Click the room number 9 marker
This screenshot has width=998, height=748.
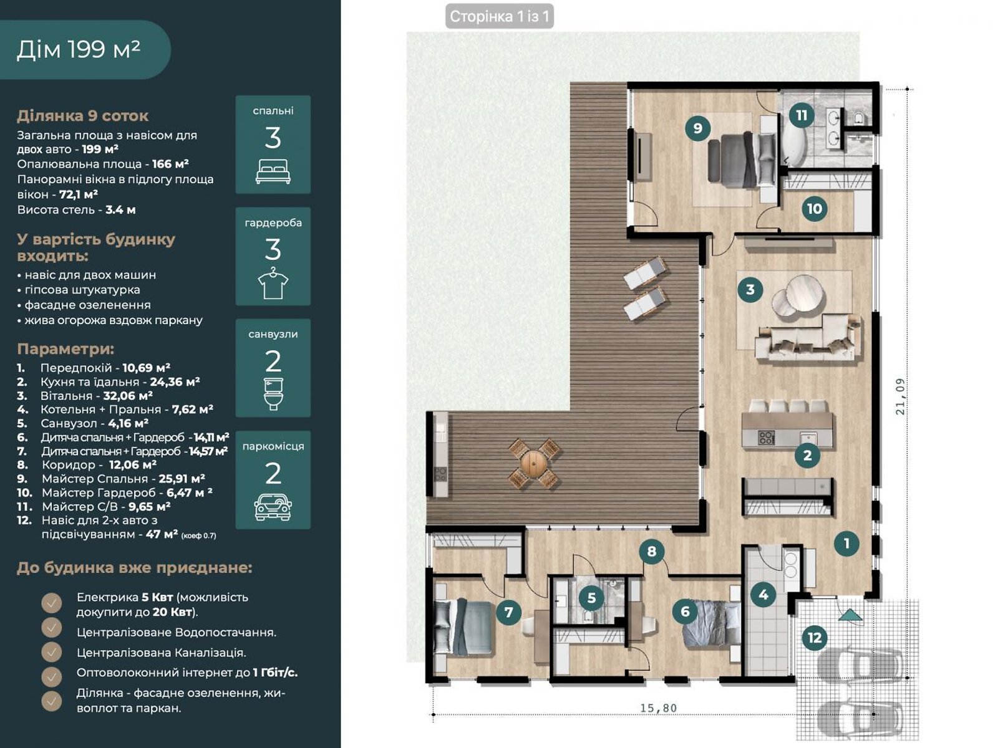tap(697, 128)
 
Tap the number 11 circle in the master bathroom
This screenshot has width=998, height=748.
tap(801, 115)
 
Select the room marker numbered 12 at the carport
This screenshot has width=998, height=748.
tap(815, 638)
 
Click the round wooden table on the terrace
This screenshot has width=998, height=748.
tap(534, 463)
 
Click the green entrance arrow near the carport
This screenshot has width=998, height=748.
tap(850, 615)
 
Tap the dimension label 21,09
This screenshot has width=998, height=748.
tap(900, 396)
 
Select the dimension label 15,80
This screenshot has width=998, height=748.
tap(658, 707)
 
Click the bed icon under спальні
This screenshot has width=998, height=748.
tap(273, 171)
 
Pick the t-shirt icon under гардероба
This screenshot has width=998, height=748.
tap(273, 283)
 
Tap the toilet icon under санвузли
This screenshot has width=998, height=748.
tap(273, 394)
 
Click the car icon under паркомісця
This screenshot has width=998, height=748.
tap(273, 507)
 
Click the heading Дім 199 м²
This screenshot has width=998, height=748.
tap(78, 49)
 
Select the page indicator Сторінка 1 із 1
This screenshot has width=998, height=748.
tap(499, 17)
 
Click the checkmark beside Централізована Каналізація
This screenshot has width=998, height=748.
tap(52, 652)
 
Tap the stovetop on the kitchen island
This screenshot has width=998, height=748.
tap(765, 438)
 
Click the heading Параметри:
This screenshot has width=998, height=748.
tap(65, 349)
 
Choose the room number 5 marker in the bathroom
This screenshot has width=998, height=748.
tap(591, 597)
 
